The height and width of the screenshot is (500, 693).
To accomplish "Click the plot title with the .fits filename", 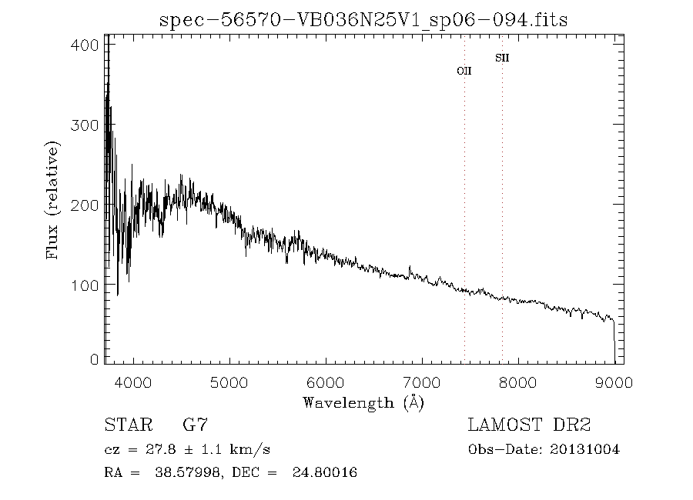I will pyautogui.click(x=363, y=20).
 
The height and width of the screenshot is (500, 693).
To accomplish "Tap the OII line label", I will pyautogui.click(x=464, y=71).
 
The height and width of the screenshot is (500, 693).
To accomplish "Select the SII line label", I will pyautogui.click(x=502, y=58).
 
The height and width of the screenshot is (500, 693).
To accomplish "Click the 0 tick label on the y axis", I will pyautogui.click(x=94, y=359).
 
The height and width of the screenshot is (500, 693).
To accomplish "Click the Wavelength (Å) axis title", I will pyautogui.click(x=363, y=402).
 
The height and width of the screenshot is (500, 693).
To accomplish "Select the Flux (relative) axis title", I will pyautogui.click(x=53, y=200).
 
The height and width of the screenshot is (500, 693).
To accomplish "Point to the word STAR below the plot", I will pyautogui.click(x=127, y=425).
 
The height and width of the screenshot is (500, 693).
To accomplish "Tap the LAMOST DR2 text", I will pyautogui.click(x=529, y=425).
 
